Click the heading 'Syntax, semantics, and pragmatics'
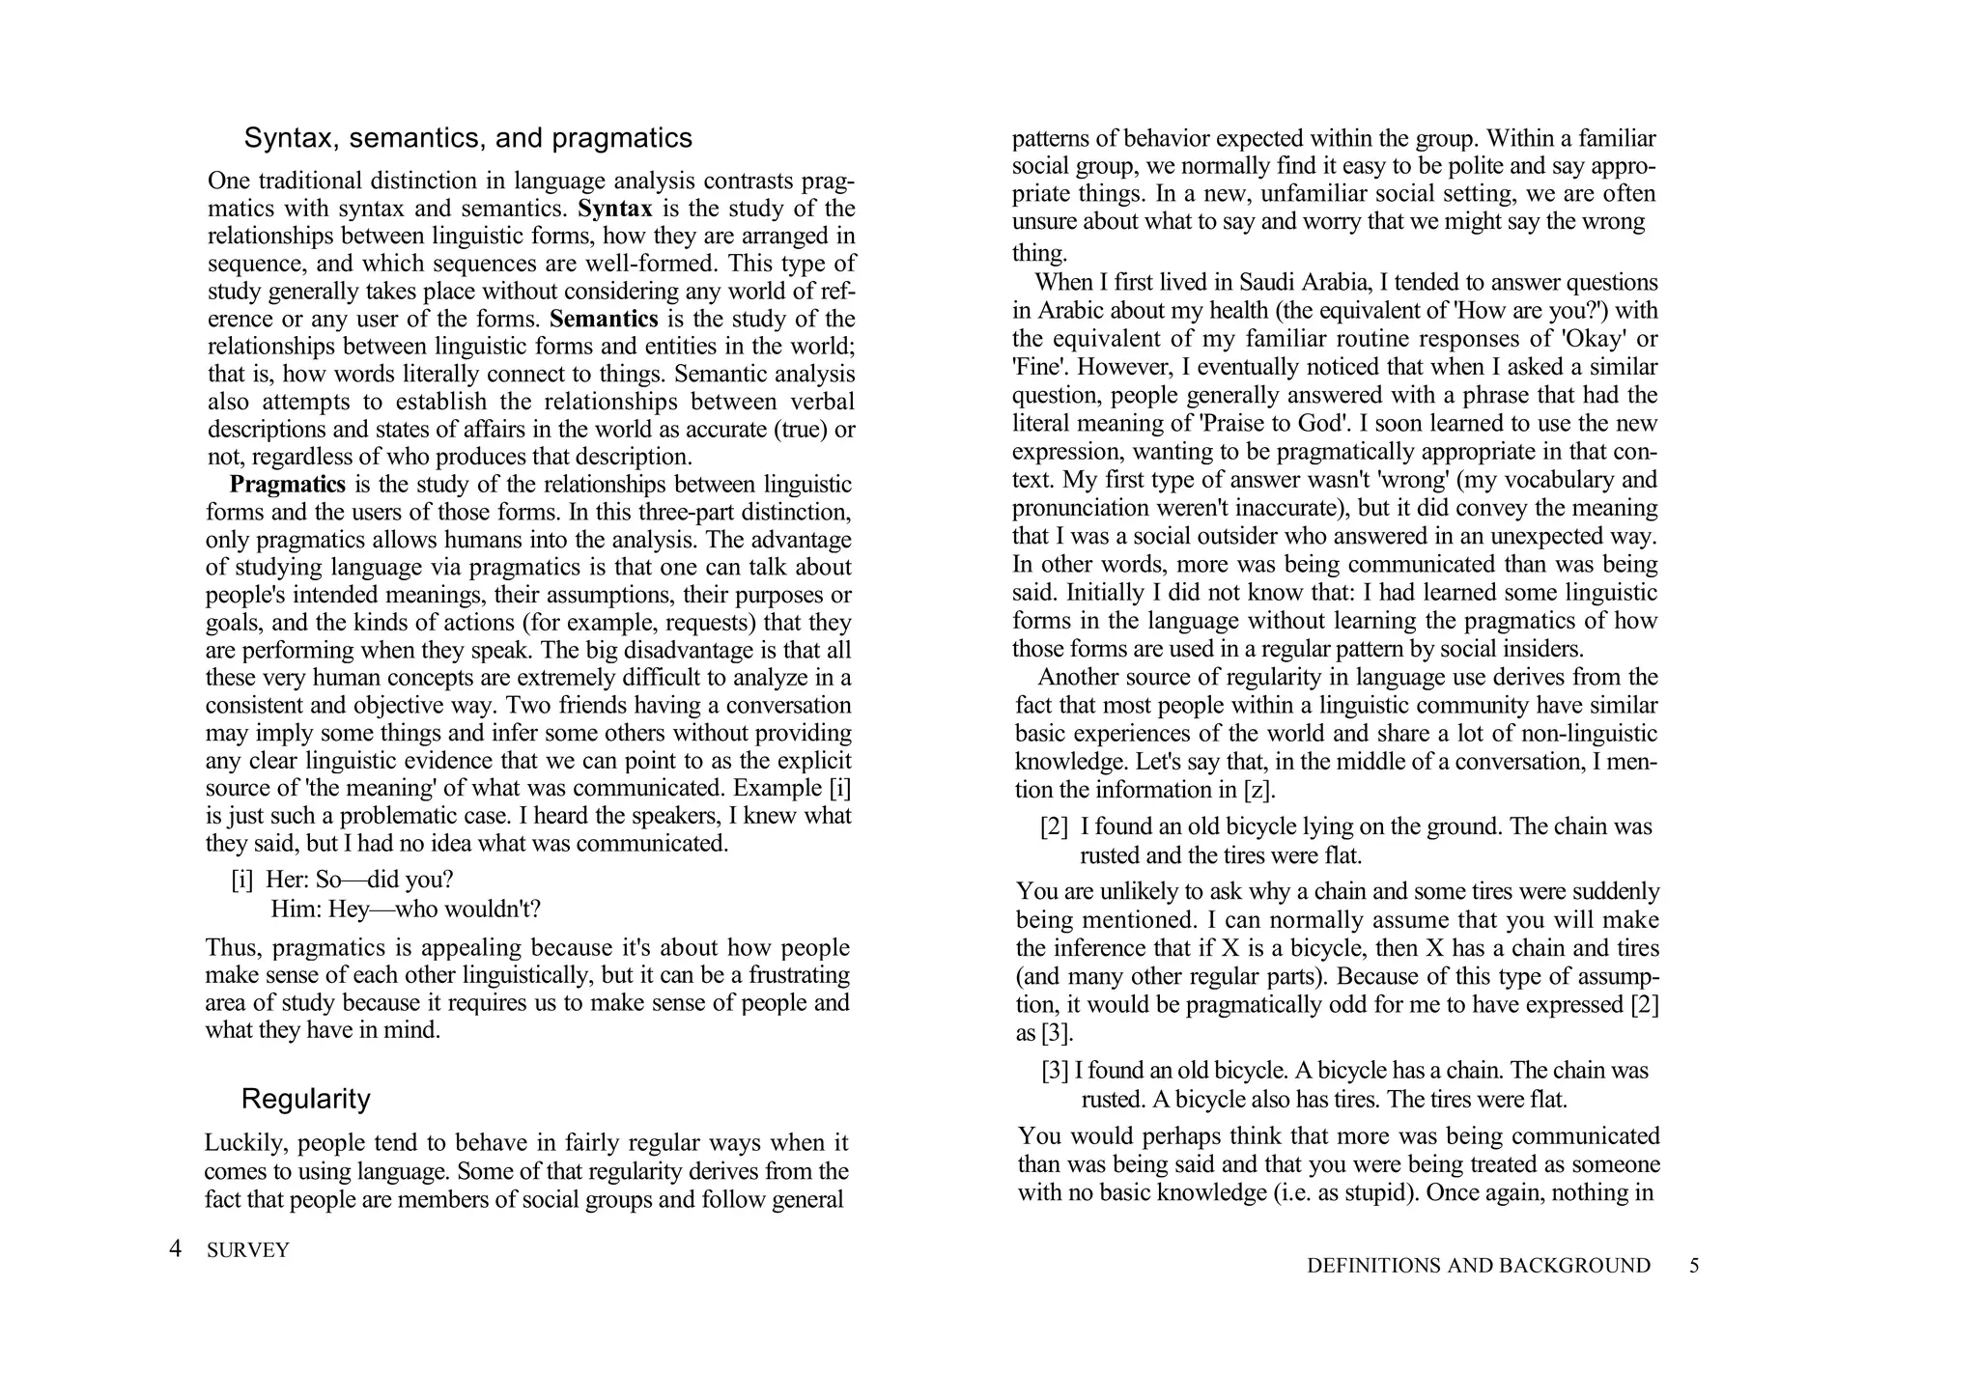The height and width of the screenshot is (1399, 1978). [467, 138]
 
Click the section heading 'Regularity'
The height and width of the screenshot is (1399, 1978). [305, 1099]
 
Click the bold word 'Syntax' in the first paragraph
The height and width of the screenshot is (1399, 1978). [614, 209]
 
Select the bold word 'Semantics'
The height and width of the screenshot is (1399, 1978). [604, 319]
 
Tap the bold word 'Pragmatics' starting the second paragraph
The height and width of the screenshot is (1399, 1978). [287, 484]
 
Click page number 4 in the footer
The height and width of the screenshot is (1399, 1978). [175, 1249]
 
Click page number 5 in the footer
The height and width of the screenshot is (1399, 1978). [1694, 1266]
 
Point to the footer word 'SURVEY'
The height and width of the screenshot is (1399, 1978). [248, 1250]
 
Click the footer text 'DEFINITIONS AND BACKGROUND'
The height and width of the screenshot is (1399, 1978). [1478, 1266]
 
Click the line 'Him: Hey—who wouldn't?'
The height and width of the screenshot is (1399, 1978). [406, 909]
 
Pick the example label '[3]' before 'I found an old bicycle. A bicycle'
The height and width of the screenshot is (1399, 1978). [1055, 1070]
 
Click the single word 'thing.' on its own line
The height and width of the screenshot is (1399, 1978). [1039, 253]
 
